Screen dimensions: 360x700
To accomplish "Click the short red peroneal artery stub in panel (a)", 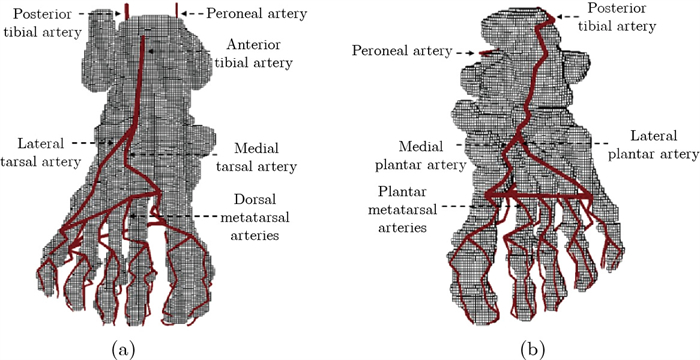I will [177, 10].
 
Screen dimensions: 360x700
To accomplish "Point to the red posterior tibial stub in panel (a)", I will [127, 10].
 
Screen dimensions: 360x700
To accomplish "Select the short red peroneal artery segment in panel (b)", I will [489, 52].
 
